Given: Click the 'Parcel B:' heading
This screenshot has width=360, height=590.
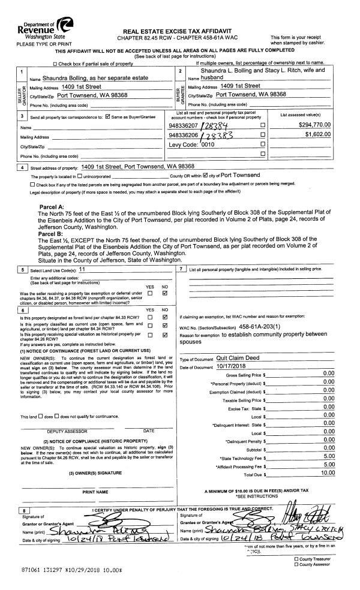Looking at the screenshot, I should (52, 234).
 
